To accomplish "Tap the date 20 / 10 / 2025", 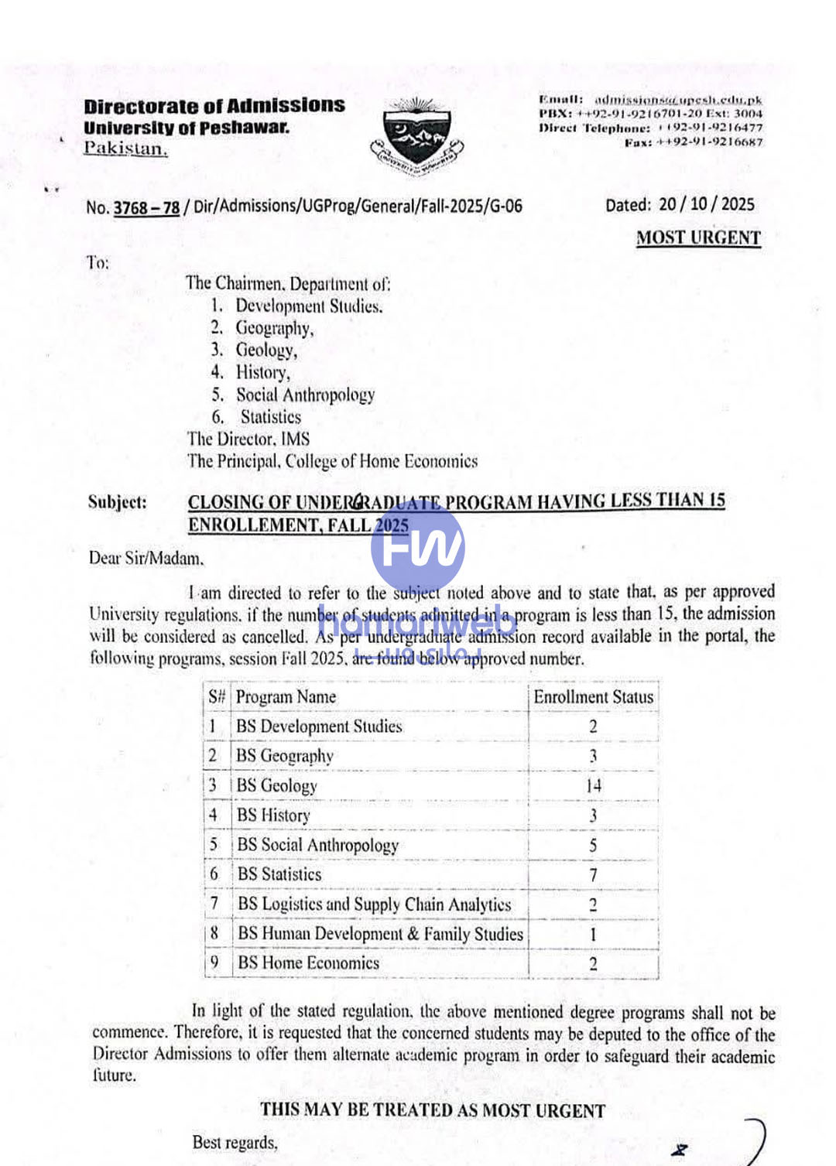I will (706, 204).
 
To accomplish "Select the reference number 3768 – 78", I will (146, 207).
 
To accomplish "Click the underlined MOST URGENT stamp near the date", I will (698, 238).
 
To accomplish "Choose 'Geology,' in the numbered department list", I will (266, 350).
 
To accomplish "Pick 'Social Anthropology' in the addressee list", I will (305, 395).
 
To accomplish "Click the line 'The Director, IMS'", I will (248, 439).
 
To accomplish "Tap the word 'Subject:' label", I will (117, 502).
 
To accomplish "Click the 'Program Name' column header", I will (286, 697).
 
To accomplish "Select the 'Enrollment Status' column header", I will (593, 697).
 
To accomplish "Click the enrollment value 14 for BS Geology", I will (593, 786).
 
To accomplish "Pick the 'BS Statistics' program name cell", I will (279, 875).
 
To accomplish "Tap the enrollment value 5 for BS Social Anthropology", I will (593, 846).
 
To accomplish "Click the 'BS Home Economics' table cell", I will (309, 963).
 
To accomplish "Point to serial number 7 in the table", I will (214, 904).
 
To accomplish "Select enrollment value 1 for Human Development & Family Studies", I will (593, 935).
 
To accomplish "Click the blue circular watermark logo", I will (418, 546).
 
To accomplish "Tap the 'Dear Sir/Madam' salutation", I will (146, 558).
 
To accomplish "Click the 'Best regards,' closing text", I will (235, 1142).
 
